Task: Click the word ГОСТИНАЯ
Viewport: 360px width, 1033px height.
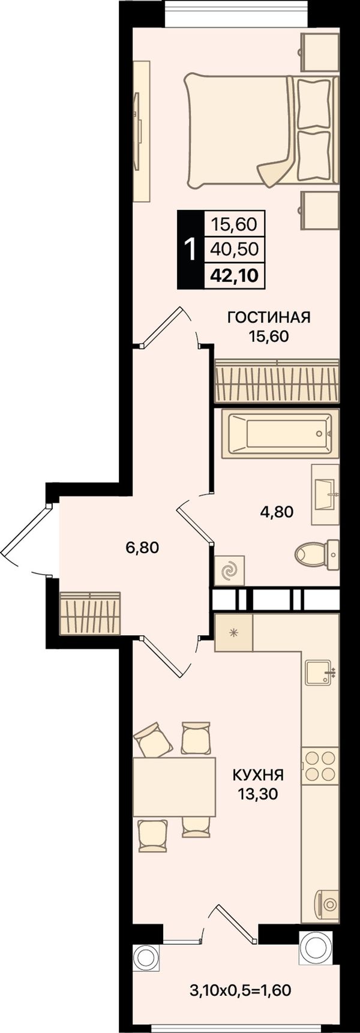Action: point(269,317)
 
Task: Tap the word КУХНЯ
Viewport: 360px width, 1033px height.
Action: point(258,775)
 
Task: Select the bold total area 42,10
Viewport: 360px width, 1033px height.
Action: point(234,275)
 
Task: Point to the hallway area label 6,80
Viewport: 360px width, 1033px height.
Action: point(142,547)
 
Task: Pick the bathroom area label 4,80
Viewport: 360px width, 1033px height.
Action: point(277,512)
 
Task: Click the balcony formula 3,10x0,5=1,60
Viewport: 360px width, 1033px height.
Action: point(241,990)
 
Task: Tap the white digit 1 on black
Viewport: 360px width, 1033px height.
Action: point(191,250)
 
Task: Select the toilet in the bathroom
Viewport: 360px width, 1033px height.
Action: point(317,555)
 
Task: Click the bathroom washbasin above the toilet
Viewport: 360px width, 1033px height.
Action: point(325,495)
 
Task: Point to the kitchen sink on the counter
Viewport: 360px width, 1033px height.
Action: point(319,672)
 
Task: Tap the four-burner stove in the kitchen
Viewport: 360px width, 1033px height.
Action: point(320,766)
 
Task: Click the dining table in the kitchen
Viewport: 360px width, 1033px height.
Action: point(174,786)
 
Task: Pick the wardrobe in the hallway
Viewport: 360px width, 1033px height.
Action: point(90,613)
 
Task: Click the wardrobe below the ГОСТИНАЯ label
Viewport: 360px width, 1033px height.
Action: point(277,381)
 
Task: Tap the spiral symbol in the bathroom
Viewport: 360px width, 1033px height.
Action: point(229,570)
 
